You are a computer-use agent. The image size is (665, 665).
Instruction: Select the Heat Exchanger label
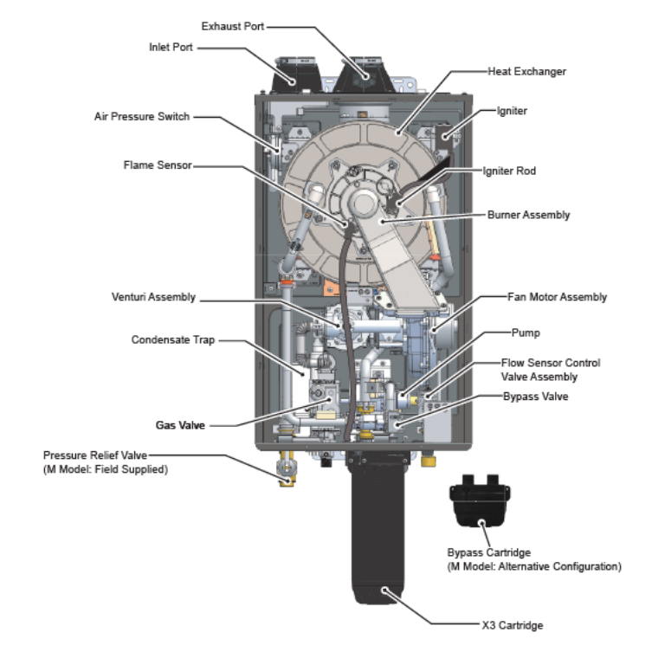click(526, 72)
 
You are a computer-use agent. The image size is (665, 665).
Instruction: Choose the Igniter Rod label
click(508, 171)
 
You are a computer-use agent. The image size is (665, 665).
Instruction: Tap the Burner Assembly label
click(528, 215)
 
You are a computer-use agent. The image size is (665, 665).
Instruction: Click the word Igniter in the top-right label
click(512, 112)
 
